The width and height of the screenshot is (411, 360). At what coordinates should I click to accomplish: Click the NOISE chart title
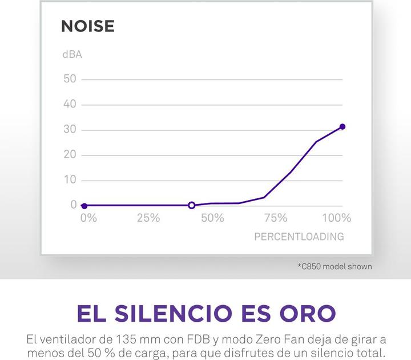87,26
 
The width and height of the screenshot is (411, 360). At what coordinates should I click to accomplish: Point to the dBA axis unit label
72,55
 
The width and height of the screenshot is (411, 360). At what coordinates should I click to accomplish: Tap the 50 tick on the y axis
70,79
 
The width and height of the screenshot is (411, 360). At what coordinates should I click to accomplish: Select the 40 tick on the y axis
70,105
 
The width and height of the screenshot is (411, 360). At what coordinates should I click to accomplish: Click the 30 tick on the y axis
70,130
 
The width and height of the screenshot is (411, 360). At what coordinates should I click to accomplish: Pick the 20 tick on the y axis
70,155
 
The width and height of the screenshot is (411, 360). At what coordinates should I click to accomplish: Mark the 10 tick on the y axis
70,180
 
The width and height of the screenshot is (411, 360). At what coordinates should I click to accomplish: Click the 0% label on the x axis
88,218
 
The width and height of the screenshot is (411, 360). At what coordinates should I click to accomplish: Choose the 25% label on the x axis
148,218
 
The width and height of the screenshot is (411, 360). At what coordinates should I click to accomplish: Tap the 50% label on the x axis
212,218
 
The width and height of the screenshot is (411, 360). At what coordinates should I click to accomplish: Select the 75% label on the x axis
276,218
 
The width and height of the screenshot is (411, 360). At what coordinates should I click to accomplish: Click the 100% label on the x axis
336,218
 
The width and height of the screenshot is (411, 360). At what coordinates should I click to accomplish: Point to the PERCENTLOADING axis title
299,236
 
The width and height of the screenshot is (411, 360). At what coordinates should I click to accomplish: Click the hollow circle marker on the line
192,205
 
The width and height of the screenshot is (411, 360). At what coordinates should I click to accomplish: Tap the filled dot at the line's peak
342,127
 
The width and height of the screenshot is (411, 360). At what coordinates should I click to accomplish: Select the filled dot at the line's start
84,206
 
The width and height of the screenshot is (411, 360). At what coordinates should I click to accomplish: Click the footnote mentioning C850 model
335,266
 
